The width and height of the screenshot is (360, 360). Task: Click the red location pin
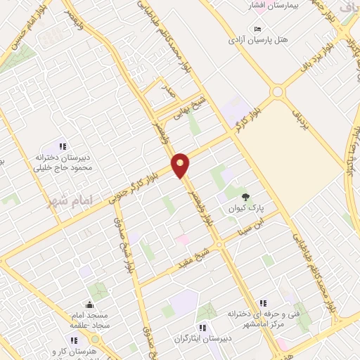pyautogui.click(x=181, y=165)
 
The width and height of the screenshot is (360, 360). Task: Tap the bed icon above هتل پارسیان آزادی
pyautogui.click(x=258, y=29)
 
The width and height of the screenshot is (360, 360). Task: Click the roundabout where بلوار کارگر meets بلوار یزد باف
pyautogui.click(x=277, y=91)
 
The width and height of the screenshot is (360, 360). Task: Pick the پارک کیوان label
pyautogui.click(x=243, y=208)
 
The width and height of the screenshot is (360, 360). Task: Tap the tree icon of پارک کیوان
pyautogui.click(x=245, y=197)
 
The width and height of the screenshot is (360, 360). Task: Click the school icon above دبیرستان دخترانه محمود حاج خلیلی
pyautogui.click(x=63, y=147)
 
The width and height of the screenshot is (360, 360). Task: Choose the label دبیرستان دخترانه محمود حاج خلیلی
pyautogui.click(x=65, y=163)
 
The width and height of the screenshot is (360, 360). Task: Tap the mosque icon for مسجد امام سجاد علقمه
pyautogui.click(x=90, y=304)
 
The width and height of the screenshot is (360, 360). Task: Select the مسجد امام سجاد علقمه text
pyautogui.click(x=89, y=320)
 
